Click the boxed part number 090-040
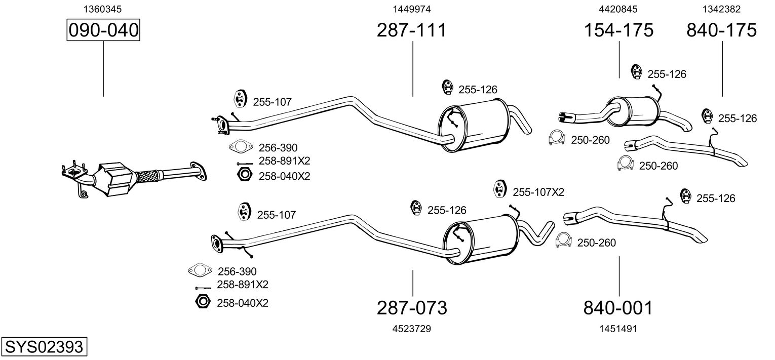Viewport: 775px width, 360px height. pyautogui.click(x=103, y=30)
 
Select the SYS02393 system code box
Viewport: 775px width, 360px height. pyautogui.click(x=44, y=346)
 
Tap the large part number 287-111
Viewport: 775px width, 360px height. pyautogui.click(x=412, y=30)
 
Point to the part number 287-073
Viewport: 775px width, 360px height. pyautogui.click(x=412, y=308)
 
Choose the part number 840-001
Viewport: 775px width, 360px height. pyautogui.click(x=618, y=308)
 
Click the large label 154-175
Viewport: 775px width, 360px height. pyautogui.click(x=618, y=30)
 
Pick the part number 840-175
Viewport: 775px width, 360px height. pyautogui.click(x=722, y=30)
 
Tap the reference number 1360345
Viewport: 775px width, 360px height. pyautogui.click(x=103, y=9)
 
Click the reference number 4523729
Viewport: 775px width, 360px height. pyautogui.click(x=412, y=329)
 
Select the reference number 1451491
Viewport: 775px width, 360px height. pyautogui.click(x=618, y=329)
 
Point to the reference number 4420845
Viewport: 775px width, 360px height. pyautogui.click(x=618, y=9)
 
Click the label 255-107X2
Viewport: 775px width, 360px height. pyautogui.click(x=538, y=192)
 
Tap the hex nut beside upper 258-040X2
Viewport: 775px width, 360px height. pyautogui.click(x=245, y=175)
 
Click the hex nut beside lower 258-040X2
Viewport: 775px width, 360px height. pyautogui.click(x=203, y=302)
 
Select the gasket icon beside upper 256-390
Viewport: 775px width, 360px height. pyautogui.click(x=241, y=146)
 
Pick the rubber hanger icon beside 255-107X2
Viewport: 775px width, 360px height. pyautogui.click(x=499, y=189)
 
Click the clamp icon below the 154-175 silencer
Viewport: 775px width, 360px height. pyautogui.click(x=557, y=138)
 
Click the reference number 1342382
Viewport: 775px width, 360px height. pyautogui.click(x=721, y=9)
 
